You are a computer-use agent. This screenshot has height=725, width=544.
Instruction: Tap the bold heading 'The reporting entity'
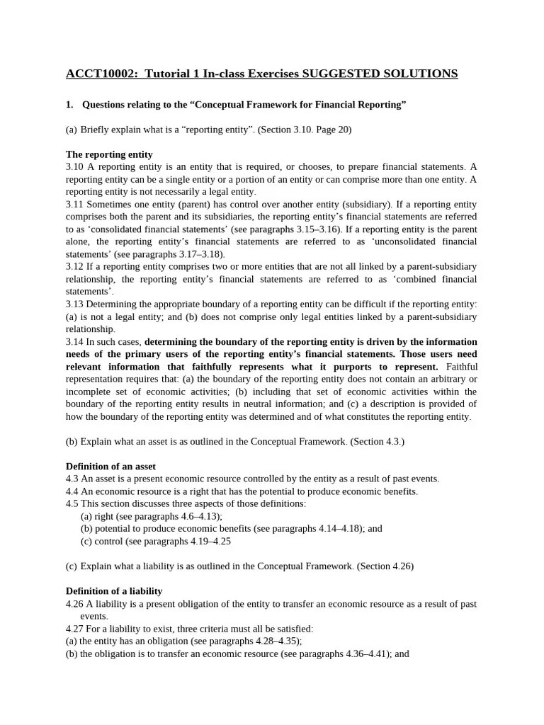coord(109,154)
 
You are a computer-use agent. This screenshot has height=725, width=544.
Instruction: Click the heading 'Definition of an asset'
coord(110,467)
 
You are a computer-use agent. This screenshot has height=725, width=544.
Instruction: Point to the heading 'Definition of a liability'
coord(114,590)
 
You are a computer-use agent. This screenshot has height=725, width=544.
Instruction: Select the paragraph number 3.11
coord(74,204)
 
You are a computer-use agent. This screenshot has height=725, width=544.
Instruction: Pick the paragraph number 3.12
coord(74,266)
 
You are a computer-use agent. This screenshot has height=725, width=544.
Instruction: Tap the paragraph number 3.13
coord(74,304)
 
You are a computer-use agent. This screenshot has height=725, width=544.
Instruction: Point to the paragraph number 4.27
coord(76,628)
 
